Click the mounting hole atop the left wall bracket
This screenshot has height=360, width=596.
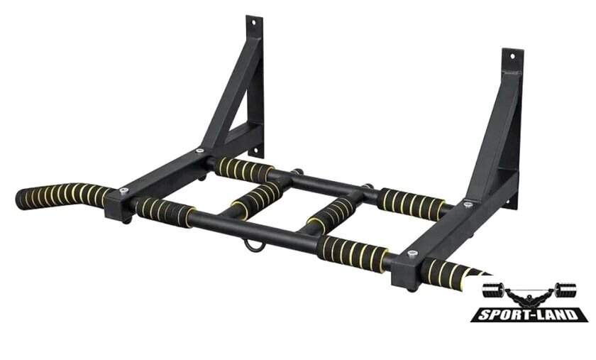pos(253,23)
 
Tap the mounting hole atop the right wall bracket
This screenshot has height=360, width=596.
pos(512,56)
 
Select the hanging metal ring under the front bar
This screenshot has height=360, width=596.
pos(252,245)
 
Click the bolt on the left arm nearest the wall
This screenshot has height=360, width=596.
pos(199,151)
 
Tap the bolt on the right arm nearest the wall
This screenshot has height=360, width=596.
pos(468,204)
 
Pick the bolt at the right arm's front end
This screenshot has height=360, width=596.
pos(412,253)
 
